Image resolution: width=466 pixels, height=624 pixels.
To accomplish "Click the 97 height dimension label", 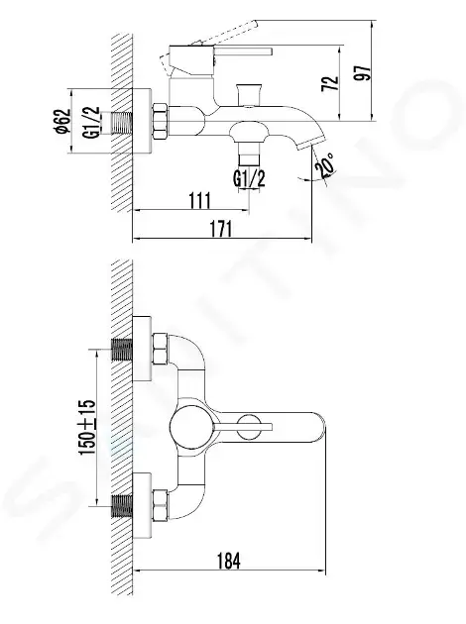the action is click(x=363, y=72).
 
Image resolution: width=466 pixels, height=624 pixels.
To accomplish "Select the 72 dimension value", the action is click(x=330, y=83).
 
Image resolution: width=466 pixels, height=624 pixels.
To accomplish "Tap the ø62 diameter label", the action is click(x=62, y=121).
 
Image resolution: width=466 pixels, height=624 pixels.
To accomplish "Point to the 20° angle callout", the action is click(x=325, y=165).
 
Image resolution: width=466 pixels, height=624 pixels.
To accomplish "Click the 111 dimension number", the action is click(x=200, y=200).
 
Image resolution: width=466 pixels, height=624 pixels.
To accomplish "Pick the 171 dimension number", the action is click(x=221, y=229).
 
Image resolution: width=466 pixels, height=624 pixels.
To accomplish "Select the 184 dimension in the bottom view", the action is click(x=229, y=562).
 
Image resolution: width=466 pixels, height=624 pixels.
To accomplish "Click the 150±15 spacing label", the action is click(x=87, y=428).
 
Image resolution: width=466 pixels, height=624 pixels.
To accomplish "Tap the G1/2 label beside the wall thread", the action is click(x=91, y=122).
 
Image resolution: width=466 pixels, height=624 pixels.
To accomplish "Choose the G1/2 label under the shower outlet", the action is click(x=249, y=178).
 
